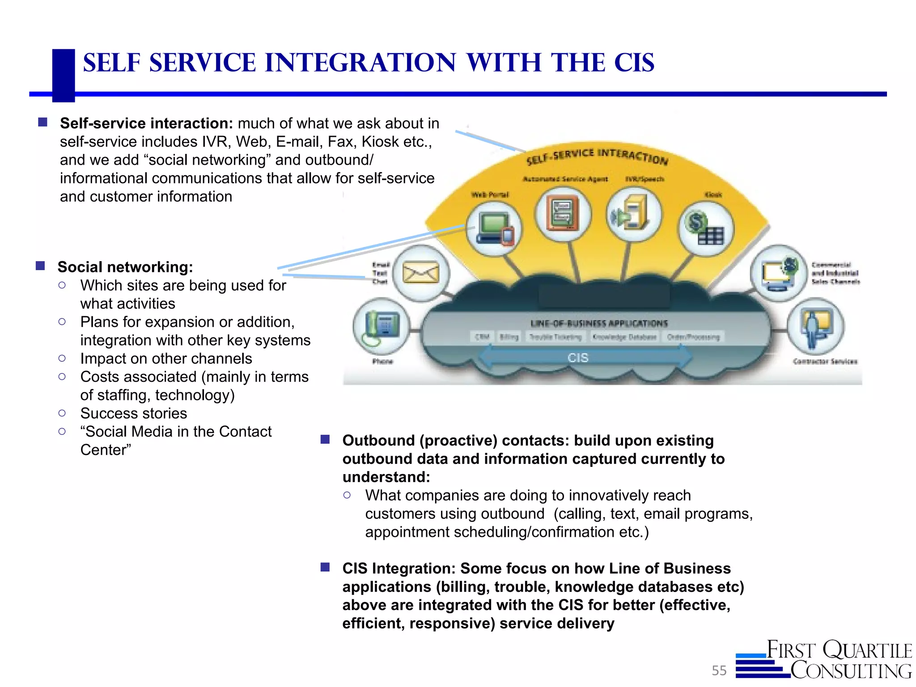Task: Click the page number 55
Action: click(719, 670)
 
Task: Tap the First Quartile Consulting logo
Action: click(824, 660)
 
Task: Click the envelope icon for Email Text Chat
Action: click(421, 272)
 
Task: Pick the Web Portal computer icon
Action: click(494, 229)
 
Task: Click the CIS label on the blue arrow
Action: click(578, 358)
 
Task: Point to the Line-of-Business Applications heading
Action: click(599, 323)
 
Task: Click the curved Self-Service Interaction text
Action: click(597, 156)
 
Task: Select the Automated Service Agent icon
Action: click(563, 214)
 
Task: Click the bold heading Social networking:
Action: click(125, 267)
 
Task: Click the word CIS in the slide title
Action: click(634, 63)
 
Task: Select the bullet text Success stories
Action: click(133, 413)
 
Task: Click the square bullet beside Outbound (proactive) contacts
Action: click(325, 440)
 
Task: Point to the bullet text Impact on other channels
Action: click(166, 359)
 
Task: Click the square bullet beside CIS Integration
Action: click(325, 568)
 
